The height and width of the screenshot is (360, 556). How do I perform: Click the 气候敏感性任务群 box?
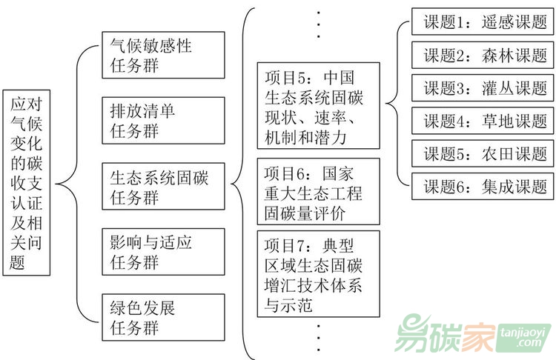tap(162, 55)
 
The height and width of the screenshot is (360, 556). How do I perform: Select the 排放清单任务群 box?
tap(162, 120)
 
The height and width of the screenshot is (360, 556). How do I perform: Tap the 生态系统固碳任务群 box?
tap(162, 187)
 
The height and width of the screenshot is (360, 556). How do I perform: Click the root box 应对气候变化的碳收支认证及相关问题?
tap(27, 182)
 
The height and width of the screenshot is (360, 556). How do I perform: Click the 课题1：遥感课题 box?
tap(484, 21)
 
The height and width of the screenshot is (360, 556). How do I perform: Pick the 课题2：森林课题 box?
tap(484, 55)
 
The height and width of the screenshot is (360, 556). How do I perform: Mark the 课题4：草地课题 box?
tap(484, 120)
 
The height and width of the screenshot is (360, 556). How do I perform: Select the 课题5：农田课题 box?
tap(484, 153)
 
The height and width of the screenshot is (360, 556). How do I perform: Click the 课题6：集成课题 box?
tap(484, 185)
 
